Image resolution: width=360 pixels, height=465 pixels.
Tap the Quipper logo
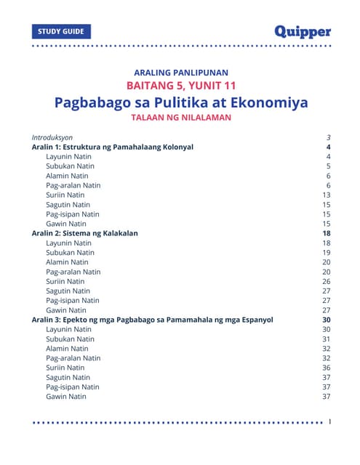tap(303, 31)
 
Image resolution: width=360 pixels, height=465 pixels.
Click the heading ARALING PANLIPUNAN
tap(181, 73)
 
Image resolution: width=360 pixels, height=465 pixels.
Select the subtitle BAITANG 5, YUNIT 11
tap(181, 86)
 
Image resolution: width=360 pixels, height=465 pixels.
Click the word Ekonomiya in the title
tap(266, 102)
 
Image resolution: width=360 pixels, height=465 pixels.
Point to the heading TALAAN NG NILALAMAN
tap(181, 117)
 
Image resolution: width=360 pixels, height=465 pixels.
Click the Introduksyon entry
tap(52, 137)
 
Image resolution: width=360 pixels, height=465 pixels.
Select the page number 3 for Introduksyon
tap(329, 137)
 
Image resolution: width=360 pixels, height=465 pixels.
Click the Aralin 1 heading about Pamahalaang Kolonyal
tap(112, 147)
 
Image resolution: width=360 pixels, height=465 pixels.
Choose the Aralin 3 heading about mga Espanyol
tap(152, 320)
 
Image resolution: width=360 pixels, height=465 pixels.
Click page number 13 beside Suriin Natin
tap(327, 195)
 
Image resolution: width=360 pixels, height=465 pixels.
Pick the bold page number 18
tap(327, 233)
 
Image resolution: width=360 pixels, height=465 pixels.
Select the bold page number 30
tap(327, 320)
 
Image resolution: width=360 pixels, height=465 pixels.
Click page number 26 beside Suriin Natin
tap(327, 281)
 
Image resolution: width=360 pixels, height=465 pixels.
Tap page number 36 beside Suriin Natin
tap(327, 368)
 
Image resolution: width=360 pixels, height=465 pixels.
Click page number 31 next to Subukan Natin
tap(327, 339)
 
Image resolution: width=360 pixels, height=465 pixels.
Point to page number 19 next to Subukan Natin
tap(327, 252)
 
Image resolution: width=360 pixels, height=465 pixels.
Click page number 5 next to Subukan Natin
tap(329, 166)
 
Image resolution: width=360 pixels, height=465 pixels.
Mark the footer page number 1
tap(330, 421)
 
